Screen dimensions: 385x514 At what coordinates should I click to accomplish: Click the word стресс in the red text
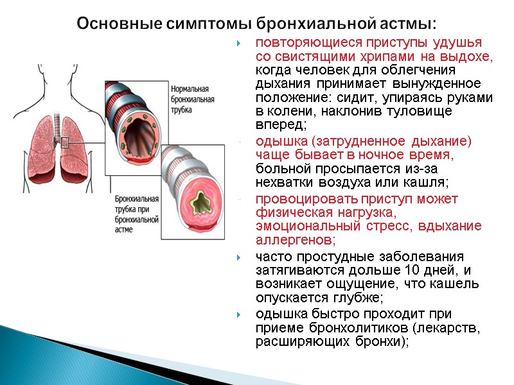point(389,227)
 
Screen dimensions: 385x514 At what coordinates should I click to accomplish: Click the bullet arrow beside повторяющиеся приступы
point(238,44)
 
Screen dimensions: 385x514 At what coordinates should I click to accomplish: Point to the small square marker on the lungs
point(64,142)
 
